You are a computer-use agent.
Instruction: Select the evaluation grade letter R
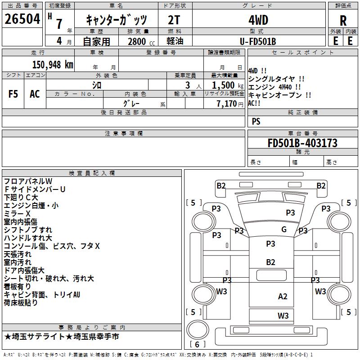coord(343,20)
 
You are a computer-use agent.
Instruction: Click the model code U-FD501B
coord(258,41)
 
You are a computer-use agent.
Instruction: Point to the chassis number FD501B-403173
coord(302,143)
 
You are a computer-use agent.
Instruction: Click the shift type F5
coord(13,94)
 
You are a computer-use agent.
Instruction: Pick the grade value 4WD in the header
coord(258,20)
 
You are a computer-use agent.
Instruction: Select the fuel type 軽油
coord(175,41)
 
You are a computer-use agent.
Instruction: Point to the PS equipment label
coord(256,121)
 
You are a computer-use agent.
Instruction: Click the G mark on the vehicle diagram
coord(284,229)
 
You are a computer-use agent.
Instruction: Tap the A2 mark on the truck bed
coord(283,297)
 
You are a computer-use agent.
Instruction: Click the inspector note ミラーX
coord(17,213)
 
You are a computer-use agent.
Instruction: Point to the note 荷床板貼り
coord(21,302)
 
